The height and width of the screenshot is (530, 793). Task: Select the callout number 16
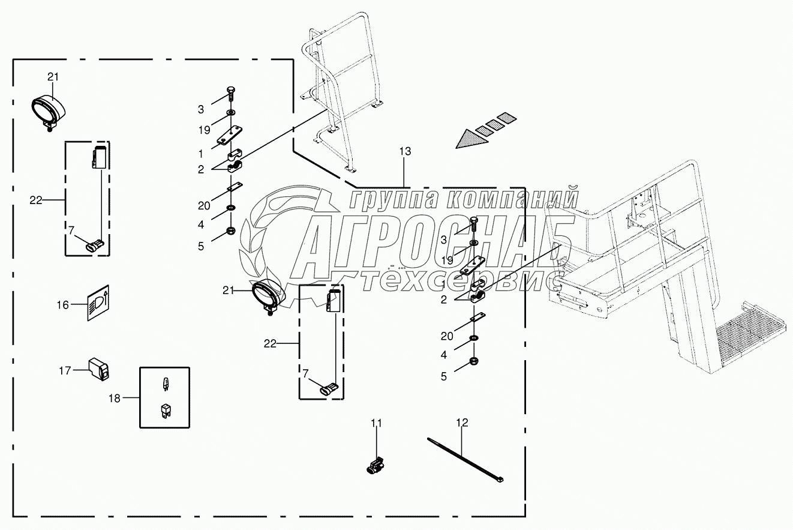click(x=63, y=305)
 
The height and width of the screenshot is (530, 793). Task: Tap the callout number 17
click(x=65, y=370)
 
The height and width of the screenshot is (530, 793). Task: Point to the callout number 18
click(x=114, y=397)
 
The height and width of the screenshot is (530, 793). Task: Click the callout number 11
click(x=376, y=424)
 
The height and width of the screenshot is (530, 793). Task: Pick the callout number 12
click(x=461, y=423)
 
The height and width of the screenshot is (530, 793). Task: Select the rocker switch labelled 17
click(x=98, y=368)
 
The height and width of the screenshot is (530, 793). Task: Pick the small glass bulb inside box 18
click(x=164, y=383)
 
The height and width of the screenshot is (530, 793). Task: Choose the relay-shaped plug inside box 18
click(x=164, y=411)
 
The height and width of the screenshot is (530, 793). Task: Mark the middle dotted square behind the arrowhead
click(x=493, y=124)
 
